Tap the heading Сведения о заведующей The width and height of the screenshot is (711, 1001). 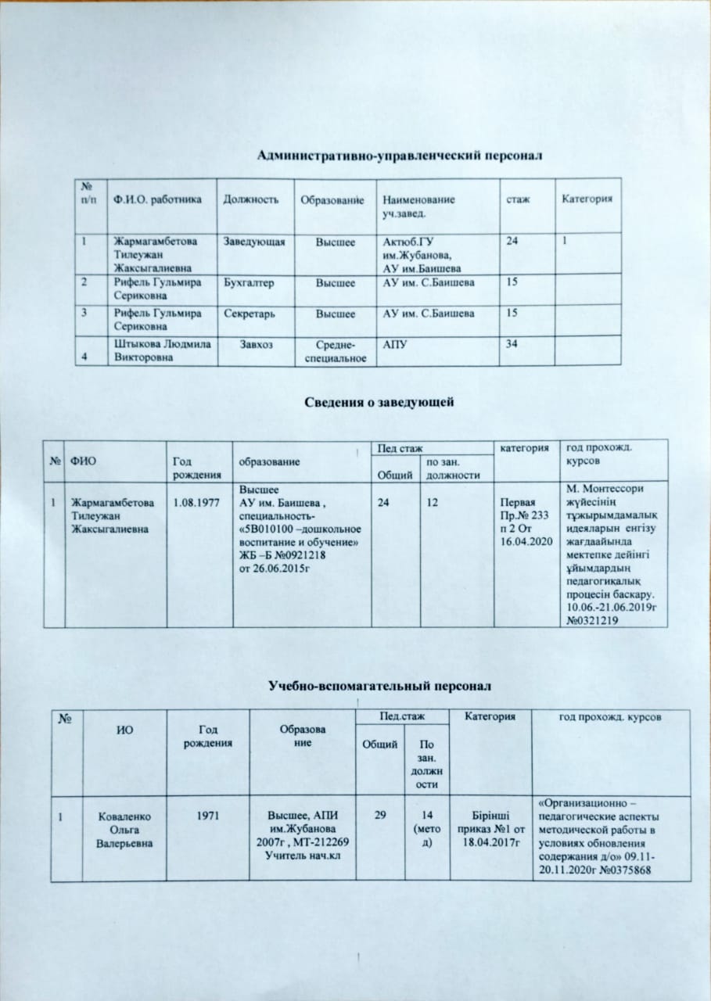point(379,402)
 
